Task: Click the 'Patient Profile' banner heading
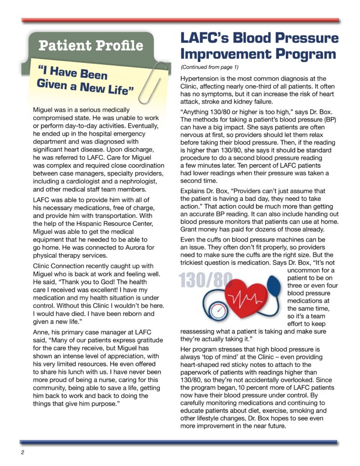coord(91,46)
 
